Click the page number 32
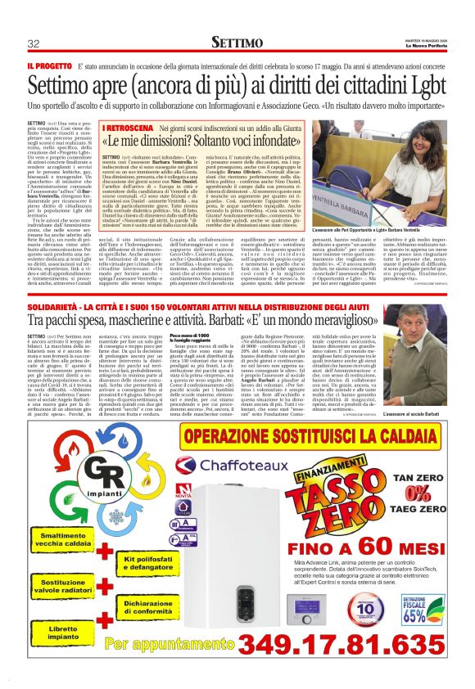[34, 43]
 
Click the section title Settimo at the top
[237, 41]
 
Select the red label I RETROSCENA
[129, 128]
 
